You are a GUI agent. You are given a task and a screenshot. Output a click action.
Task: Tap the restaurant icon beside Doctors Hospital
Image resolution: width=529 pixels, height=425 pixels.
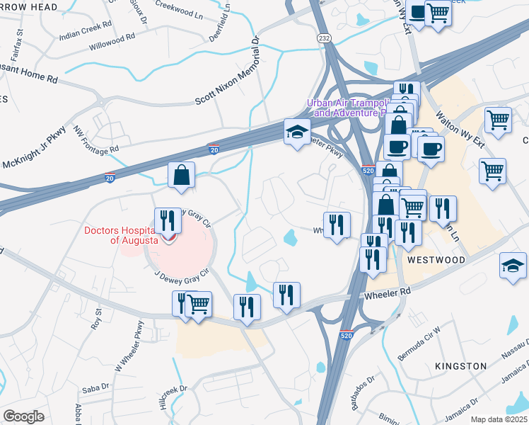168,220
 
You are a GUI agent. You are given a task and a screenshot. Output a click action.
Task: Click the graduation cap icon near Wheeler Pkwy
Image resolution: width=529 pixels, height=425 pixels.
297,131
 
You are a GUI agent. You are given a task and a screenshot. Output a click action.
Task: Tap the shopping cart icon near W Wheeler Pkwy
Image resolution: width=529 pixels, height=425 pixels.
199,305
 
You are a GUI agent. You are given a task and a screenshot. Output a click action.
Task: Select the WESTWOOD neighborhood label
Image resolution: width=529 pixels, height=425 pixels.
436,260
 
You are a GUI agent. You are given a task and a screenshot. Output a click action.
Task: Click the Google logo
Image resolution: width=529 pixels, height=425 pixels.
24,416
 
